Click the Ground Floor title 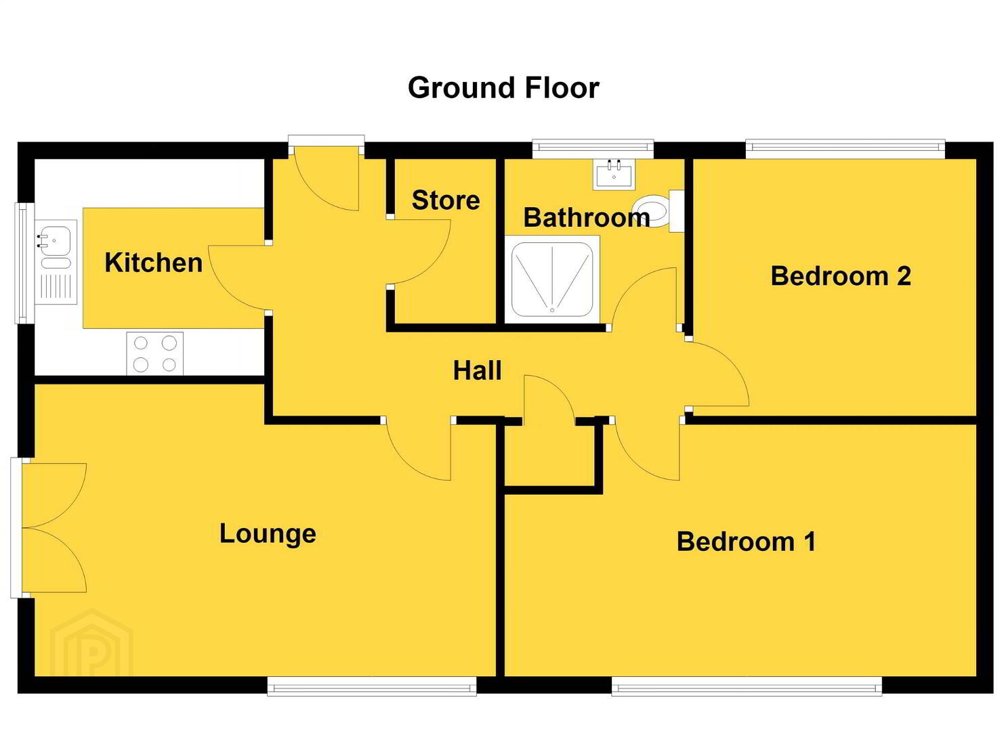pyautogui.click(x=503, y=88)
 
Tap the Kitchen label pyautogui.click(x=154, y=263)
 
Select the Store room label pyautogui.click(x=446, y=200)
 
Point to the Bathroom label pyautogui.click(x=587, y=218)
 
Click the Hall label pyautogui.click(x=477, y=371)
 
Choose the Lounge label pyautogui.click(x=268, y=534)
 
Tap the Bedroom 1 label pyautogui.click(x=746, y=541)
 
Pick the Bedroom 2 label pyautogui.click(x=841, y=276)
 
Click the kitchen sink pyautogui.click(x=56, y=262)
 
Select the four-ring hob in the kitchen pyautogui.click(x=155, y=353)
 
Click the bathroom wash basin pyautogui.click(x=614, y=175)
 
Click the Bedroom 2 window pyautogui.click(x=845, y=149)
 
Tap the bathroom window pyautogui.click(x=593, y=149)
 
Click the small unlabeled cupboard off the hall pyautogui.click(x=553, y=455)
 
